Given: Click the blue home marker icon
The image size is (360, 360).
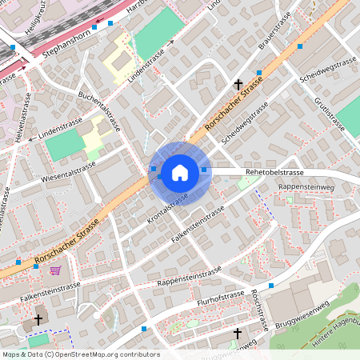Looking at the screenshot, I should tap(180, 173).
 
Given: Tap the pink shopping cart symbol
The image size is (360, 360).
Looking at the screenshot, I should tap(55, 270).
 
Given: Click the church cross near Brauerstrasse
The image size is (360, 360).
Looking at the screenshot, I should tap(238, 84).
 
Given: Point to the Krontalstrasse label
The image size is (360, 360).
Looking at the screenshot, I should tap(168, 207).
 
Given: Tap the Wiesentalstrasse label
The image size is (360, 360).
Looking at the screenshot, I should tap(68, 170).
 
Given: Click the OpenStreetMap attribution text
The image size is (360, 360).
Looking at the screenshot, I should tap(80, 354).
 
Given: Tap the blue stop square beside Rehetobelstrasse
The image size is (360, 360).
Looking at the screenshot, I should tap(204, 170).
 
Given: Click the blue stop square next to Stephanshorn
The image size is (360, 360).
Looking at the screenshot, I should tap(94, 26).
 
